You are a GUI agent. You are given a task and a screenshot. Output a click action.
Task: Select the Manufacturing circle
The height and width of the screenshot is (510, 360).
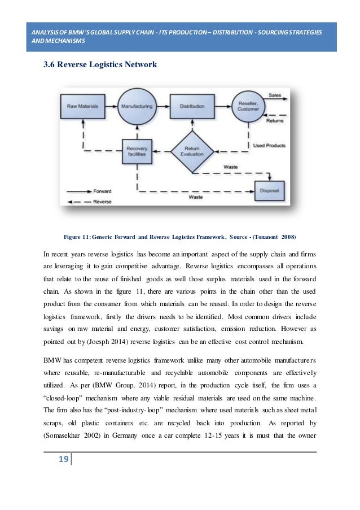[136, 106]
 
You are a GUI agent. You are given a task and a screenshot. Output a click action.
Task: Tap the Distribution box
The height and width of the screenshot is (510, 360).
[192, 106]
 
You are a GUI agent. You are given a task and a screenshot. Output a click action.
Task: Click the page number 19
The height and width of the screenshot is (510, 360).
[63, 459]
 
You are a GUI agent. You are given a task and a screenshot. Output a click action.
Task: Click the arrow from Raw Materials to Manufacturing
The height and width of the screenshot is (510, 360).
[110, 106]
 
